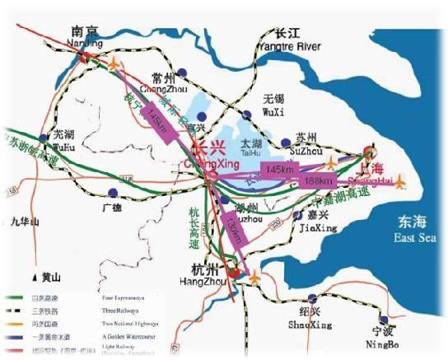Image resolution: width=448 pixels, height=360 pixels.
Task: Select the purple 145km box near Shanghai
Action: [x=281, y=169]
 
